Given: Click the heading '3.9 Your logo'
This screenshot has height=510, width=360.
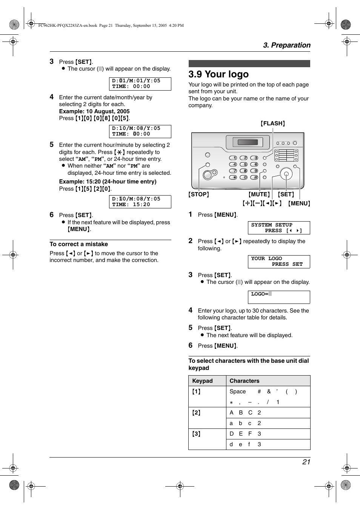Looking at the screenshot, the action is [x=218, y=74].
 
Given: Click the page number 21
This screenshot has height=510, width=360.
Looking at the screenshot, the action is [x=306, y=462].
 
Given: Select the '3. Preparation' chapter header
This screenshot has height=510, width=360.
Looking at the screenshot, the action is [x=286, y=45].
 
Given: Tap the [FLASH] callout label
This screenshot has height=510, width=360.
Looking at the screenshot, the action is [x=272, y=123].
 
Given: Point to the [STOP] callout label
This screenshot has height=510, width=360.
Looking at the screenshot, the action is [x=198, y=194].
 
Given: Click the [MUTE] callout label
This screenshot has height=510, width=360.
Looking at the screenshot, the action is [x=259, y=194].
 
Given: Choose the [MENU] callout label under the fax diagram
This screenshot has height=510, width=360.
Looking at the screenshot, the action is [x=299, y=203].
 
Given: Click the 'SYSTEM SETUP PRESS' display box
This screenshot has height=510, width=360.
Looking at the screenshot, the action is [x=278, y=228].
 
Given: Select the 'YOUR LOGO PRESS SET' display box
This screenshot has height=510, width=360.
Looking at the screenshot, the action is [x=278, y=262].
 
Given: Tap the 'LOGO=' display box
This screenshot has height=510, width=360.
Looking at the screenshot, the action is [x=278, y=297].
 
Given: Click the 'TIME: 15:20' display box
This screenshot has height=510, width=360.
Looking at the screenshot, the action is [x=140, y=202].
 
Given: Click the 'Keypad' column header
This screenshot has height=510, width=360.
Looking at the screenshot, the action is [x=203, y=381].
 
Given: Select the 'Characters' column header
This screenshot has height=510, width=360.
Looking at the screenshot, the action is [x=245, y=381].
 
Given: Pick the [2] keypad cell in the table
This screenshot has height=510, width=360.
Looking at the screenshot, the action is [x=197, y=413].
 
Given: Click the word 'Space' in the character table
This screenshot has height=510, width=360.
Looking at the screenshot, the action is [x=237, y=391].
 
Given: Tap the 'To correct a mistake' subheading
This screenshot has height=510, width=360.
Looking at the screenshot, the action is [x=79, y=244].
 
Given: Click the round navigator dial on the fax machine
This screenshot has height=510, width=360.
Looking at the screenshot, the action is [x=286, y=174].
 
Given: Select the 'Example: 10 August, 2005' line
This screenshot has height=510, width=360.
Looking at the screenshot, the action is [x=94, y=111].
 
